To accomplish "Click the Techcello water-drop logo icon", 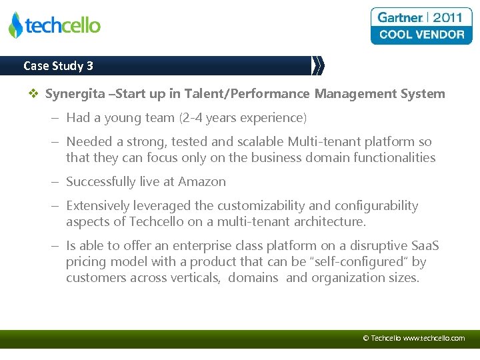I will [15, 25].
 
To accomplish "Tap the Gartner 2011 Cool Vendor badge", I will [421, 26].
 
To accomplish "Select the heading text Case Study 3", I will [58, 65].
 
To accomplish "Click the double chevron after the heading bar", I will [318, 65].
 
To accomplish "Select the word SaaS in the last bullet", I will [423, 246].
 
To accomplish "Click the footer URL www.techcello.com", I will [434, 338].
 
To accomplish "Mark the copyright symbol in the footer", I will [365, 338].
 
